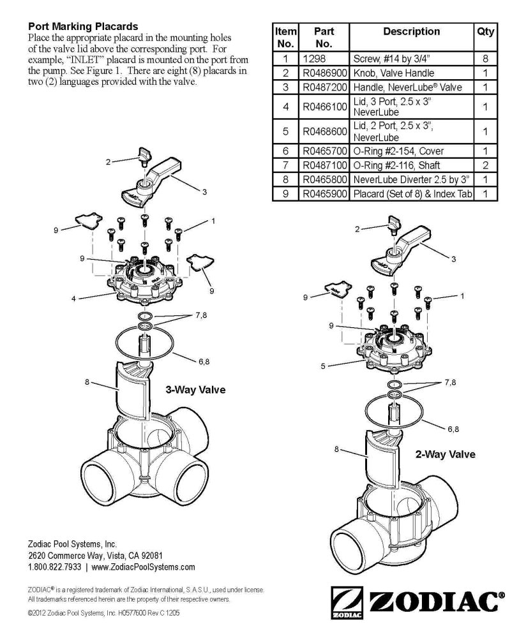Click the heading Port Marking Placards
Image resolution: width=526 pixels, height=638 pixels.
82,27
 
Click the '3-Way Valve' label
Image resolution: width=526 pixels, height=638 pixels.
195,389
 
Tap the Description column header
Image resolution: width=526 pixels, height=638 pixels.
411,31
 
